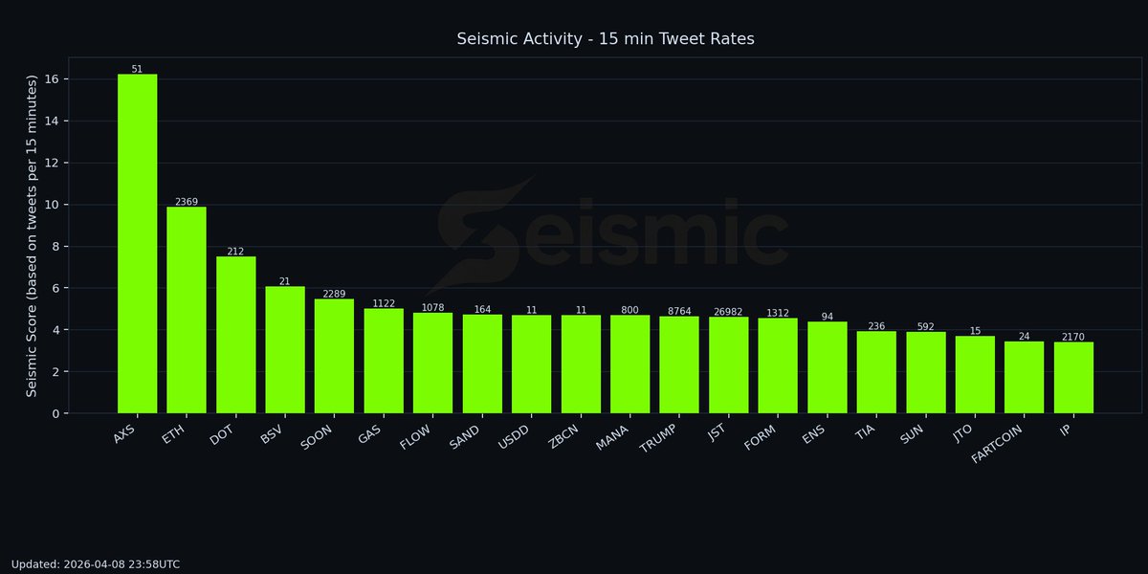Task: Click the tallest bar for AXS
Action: [137, 244]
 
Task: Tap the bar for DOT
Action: [235, 335]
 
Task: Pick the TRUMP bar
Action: [679, 364]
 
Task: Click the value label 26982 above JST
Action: [728, 312]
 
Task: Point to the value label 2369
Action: [187, 202]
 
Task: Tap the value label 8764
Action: [679, 311]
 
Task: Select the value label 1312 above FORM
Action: [778, 313]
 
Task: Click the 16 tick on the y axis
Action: [49, 79]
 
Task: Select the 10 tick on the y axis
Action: [49, 205]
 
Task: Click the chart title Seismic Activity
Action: [606, 39]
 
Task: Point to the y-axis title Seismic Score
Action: [32, 235]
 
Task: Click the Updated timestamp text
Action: [96, 564]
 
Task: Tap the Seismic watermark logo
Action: [612, 234]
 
